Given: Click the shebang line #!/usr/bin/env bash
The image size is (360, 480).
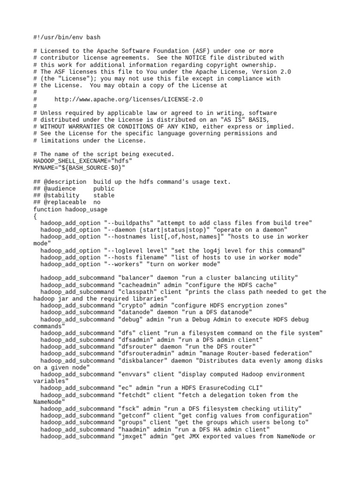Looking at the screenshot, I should pyautogui.click(x=67, y=37).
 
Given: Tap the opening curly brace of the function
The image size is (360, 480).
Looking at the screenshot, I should pyautogui.click(x=35, y=216).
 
